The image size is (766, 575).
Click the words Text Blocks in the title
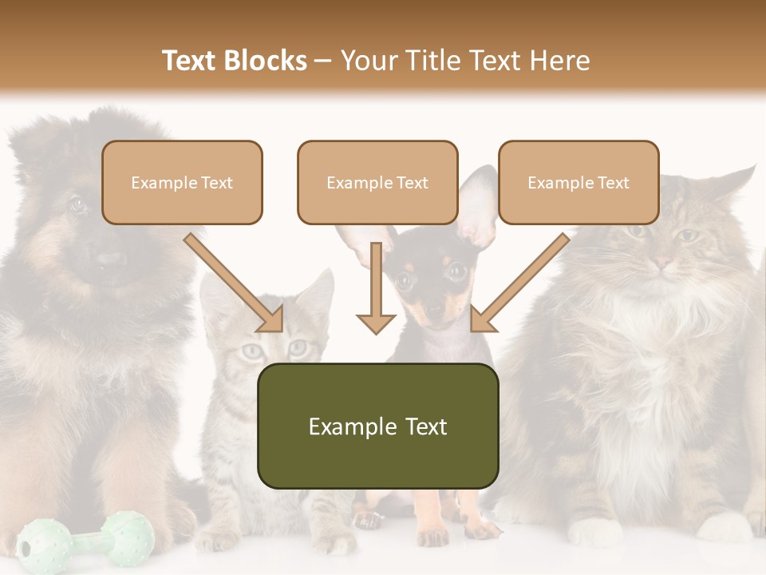click(x=234, y=61)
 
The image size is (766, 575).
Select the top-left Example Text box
click(x=182, y=183)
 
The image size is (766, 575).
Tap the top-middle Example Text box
click(x=377, y=183)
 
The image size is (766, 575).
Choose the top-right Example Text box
click(x=578, y=183)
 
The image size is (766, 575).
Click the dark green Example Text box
click(x=377, y=426)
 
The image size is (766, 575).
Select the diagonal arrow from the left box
click(x=235, y=284)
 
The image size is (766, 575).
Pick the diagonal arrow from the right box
click(x=519, y=284)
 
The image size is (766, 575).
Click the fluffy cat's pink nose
click(x=661, y=261)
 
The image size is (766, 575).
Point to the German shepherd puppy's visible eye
click(x=77, y=204)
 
